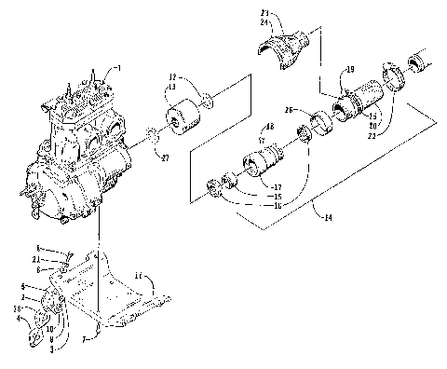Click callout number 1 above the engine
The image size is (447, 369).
click(x=117, y=69)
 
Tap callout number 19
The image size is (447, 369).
click(x=350, y=70)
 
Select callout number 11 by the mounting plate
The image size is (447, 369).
click(x=137, y=277)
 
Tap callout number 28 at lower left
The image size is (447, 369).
click(x=17, y=307)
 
